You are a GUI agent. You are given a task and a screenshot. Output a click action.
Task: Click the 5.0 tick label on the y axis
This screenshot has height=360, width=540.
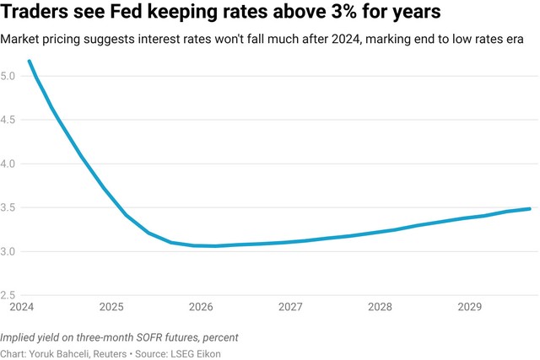coord(8,76)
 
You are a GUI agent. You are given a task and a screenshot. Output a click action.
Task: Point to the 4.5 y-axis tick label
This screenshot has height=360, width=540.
coord(8,120)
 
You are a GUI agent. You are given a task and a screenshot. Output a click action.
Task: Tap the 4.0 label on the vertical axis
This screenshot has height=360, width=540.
coord(8,164)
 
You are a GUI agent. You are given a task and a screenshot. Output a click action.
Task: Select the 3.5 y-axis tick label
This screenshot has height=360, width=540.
coord(8,207)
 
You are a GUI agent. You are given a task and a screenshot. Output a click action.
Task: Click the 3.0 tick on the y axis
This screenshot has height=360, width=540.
coord(8,251)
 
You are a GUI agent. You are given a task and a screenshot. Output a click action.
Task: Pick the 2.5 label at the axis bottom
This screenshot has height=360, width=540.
coord(8,295)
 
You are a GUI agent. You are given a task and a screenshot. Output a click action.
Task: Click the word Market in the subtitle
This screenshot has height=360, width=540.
coord(22,40)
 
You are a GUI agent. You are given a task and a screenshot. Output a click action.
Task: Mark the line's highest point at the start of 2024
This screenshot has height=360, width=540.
coord(30,61)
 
